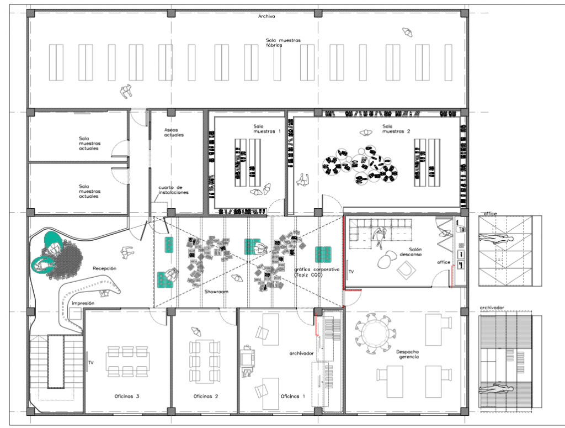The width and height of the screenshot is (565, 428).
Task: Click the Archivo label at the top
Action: (x=266, y=16)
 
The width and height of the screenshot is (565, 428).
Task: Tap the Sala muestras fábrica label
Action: (x=283, y=43)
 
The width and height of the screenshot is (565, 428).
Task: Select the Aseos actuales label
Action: (x=174, y=133)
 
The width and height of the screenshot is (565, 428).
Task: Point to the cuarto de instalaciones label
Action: (x=173, y=190)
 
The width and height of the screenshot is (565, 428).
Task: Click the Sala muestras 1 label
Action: (x=266, y=129)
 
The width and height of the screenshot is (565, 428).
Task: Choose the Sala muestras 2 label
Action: (x=396, y=129)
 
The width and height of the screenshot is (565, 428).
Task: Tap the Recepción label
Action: (x=104, y=268)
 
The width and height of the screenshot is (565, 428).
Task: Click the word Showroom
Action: (x=216, y=292)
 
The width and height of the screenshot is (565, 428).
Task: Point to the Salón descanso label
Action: (x=411, y=252)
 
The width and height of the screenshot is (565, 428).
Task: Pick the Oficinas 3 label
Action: (x=127, y=397)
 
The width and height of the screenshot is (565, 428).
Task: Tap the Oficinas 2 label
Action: (x=206, y=397)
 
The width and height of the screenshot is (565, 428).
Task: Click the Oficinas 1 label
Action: (x=292, y=397)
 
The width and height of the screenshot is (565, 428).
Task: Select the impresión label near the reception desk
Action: (x=83, y=303)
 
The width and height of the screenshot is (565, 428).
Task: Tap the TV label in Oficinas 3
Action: (x=91, y=362)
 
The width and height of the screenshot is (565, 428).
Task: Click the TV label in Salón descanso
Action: (x=351, y=272)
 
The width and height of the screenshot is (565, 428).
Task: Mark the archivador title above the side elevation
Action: (x=492, y=308)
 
